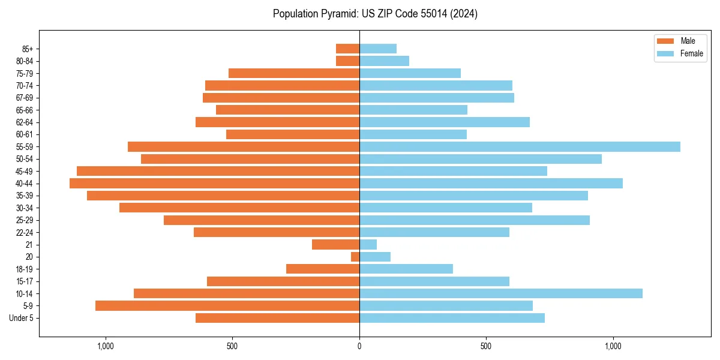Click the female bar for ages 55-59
520,146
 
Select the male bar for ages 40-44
214,184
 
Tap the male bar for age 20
355,257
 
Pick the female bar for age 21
368,245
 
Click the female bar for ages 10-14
501,293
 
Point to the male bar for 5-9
227,306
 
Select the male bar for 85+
347,49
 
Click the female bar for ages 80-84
384,61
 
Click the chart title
375,13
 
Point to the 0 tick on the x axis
359,346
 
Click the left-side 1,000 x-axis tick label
106,346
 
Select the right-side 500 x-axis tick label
486,346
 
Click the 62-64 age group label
25,122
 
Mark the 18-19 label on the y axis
25,269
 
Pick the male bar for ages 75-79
294,73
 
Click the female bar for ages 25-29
475,220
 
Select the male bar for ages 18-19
323,269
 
